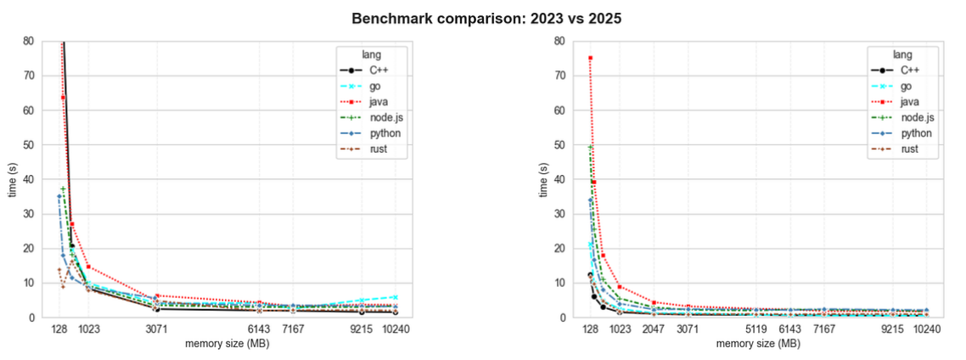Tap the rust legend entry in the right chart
click(907, 149)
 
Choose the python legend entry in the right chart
click(914, 133)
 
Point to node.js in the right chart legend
click(916, 118)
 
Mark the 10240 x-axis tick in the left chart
click(396, 329)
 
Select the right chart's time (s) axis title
click(543, 179)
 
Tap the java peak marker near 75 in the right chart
click(590, 58)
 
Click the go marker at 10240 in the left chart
click(396, 297)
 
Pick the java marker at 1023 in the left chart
click(88, 267)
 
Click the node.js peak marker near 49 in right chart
click(590, 148)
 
